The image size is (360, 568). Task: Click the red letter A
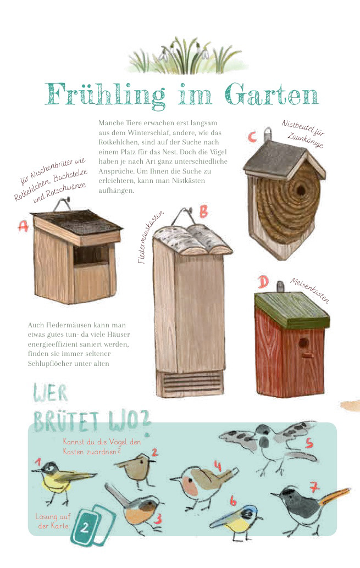tap(23, 226)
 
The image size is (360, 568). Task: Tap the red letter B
tap(204, 211)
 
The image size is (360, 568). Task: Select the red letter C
tap(252, 137)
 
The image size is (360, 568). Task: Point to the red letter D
tap(264, 282)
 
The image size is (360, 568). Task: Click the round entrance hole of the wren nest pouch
tap(301, 190)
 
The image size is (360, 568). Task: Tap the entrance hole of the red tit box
tap(303, 343)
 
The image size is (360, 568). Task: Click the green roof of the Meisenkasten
tap(291, 310)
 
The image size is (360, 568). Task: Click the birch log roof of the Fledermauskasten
tap(192, 240)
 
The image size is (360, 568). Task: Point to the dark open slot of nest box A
tap(91, 255)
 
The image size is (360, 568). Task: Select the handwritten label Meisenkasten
tap(309, 291)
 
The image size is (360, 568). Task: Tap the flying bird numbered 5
tap(268, 446)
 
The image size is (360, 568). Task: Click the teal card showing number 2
tap(85, 527)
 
